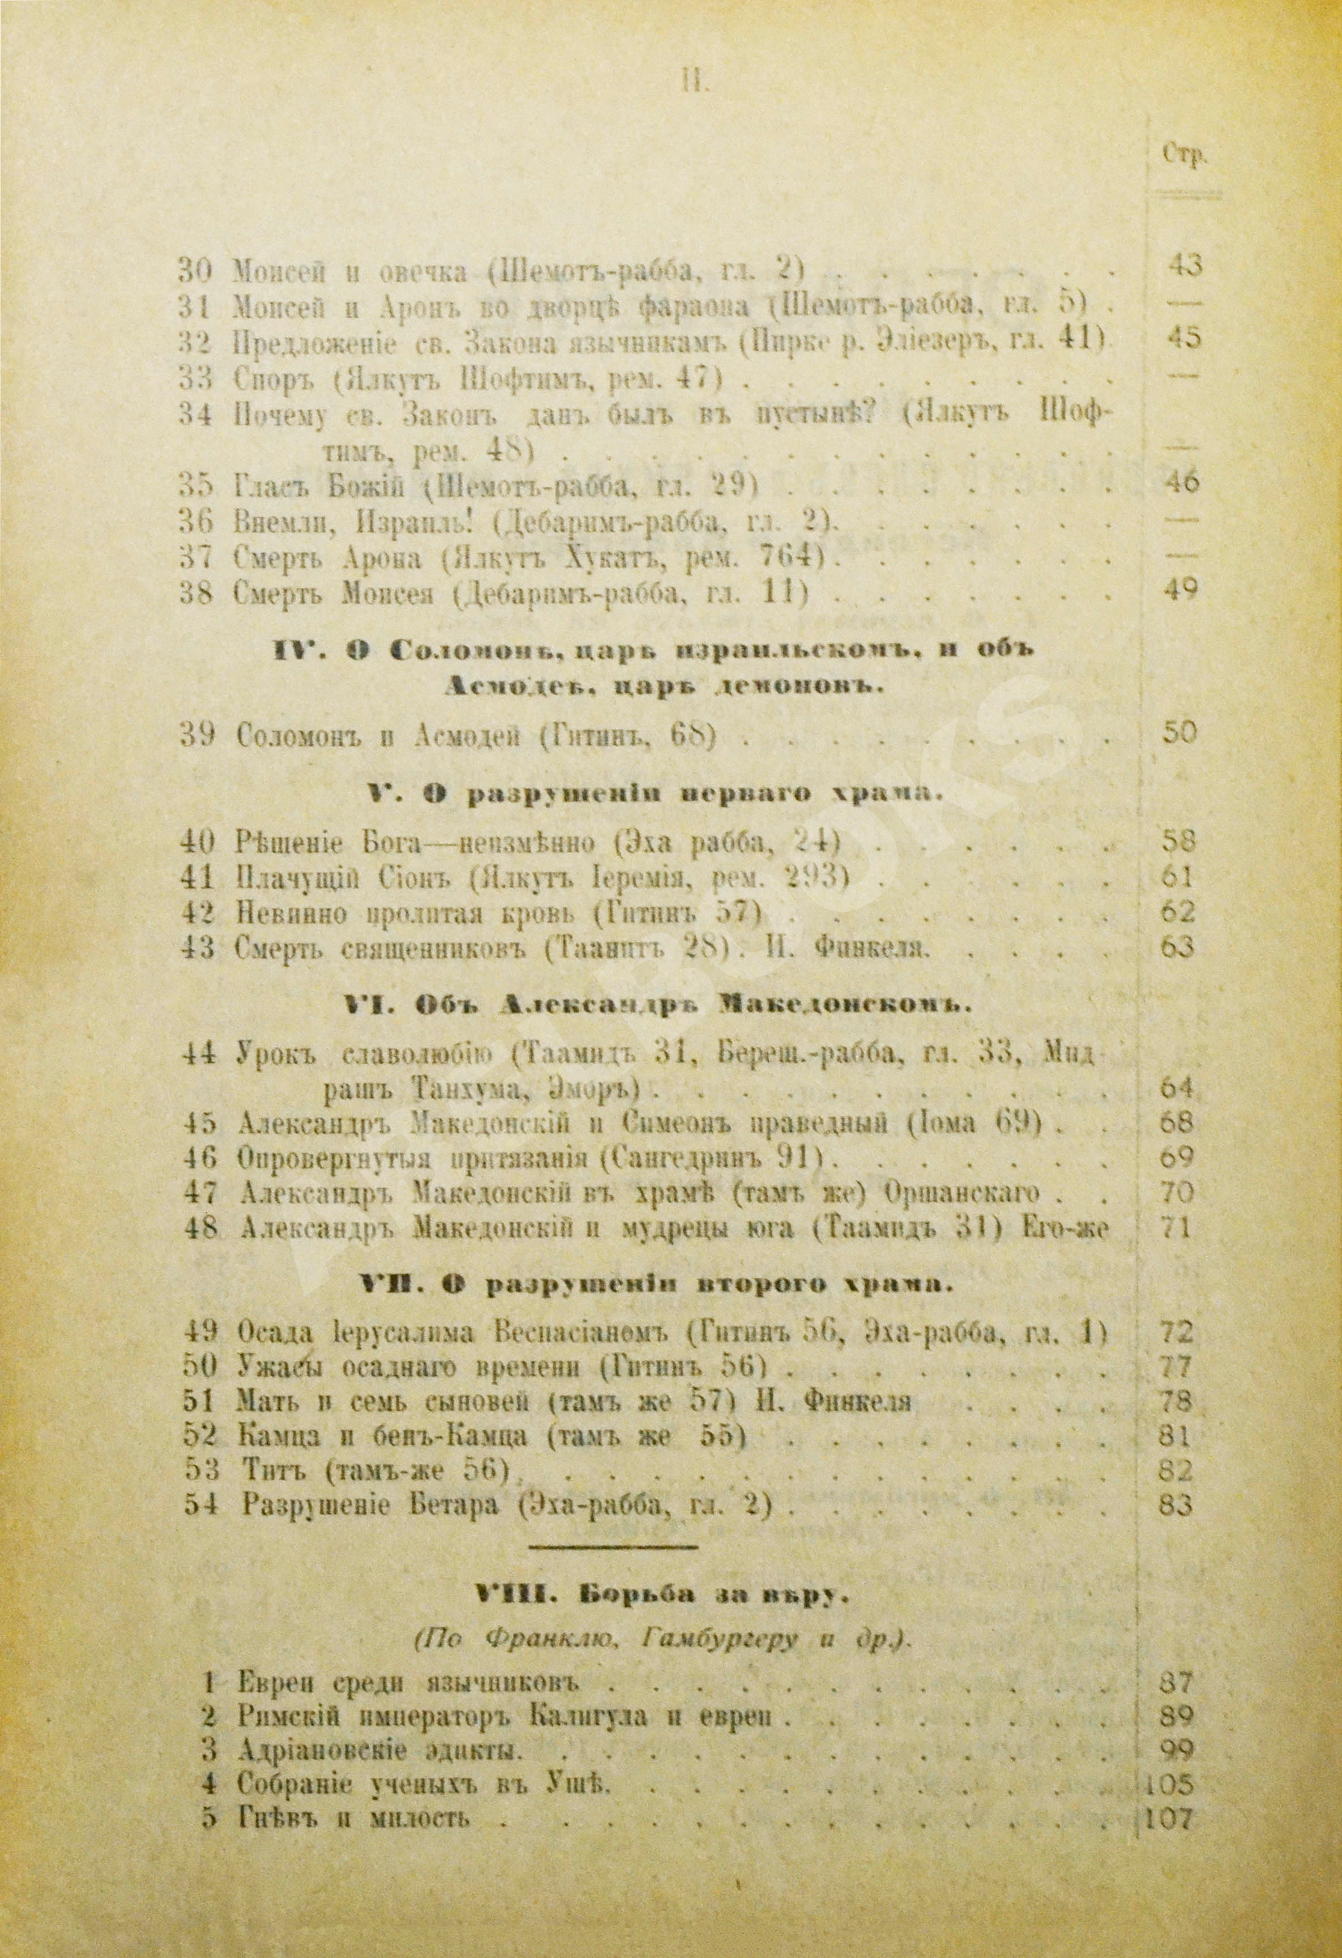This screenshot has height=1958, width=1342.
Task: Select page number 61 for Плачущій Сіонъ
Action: (x=1177, y=878)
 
